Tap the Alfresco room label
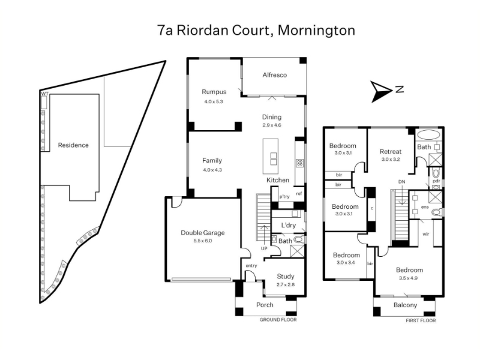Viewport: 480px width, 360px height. (274, 75)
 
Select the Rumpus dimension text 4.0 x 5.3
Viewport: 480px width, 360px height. (214, 101)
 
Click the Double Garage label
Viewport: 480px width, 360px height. (203, 233)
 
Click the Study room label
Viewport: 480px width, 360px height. (286, 277)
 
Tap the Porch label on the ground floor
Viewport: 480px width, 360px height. (265, 305)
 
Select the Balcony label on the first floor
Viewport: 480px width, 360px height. (405, 305)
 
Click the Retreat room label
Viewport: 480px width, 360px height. (390, 151)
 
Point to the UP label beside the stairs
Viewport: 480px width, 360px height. (264, 248)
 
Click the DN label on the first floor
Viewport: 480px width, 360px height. (401, 182)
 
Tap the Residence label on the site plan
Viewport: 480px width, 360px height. (73, 145)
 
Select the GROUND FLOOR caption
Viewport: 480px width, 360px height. (278, 320)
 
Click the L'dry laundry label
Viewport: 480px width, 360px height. (289, 225)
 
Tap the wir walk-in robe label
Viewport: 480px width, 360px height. (426, 235)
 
